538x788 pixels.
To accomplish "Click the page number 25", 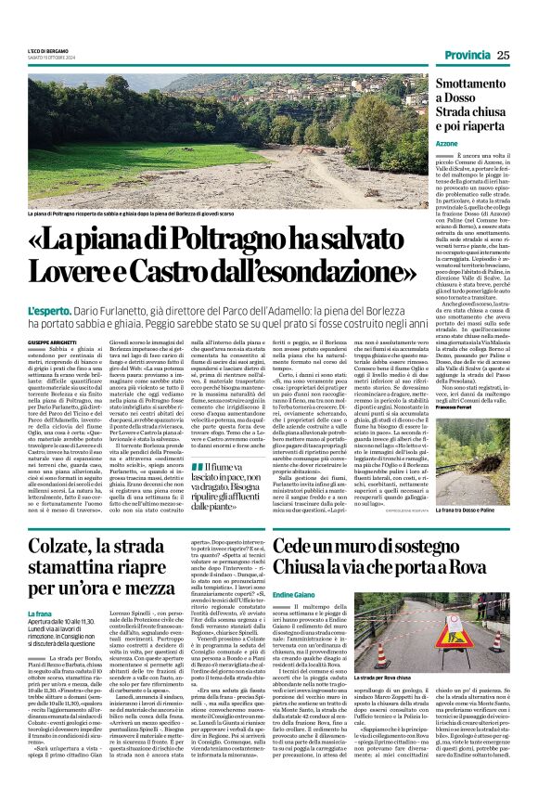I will pyautogui.click(x=503, y=55).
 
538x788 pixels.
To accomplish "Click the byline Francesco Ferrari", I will pyautogui.click(x=456, y=408).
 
